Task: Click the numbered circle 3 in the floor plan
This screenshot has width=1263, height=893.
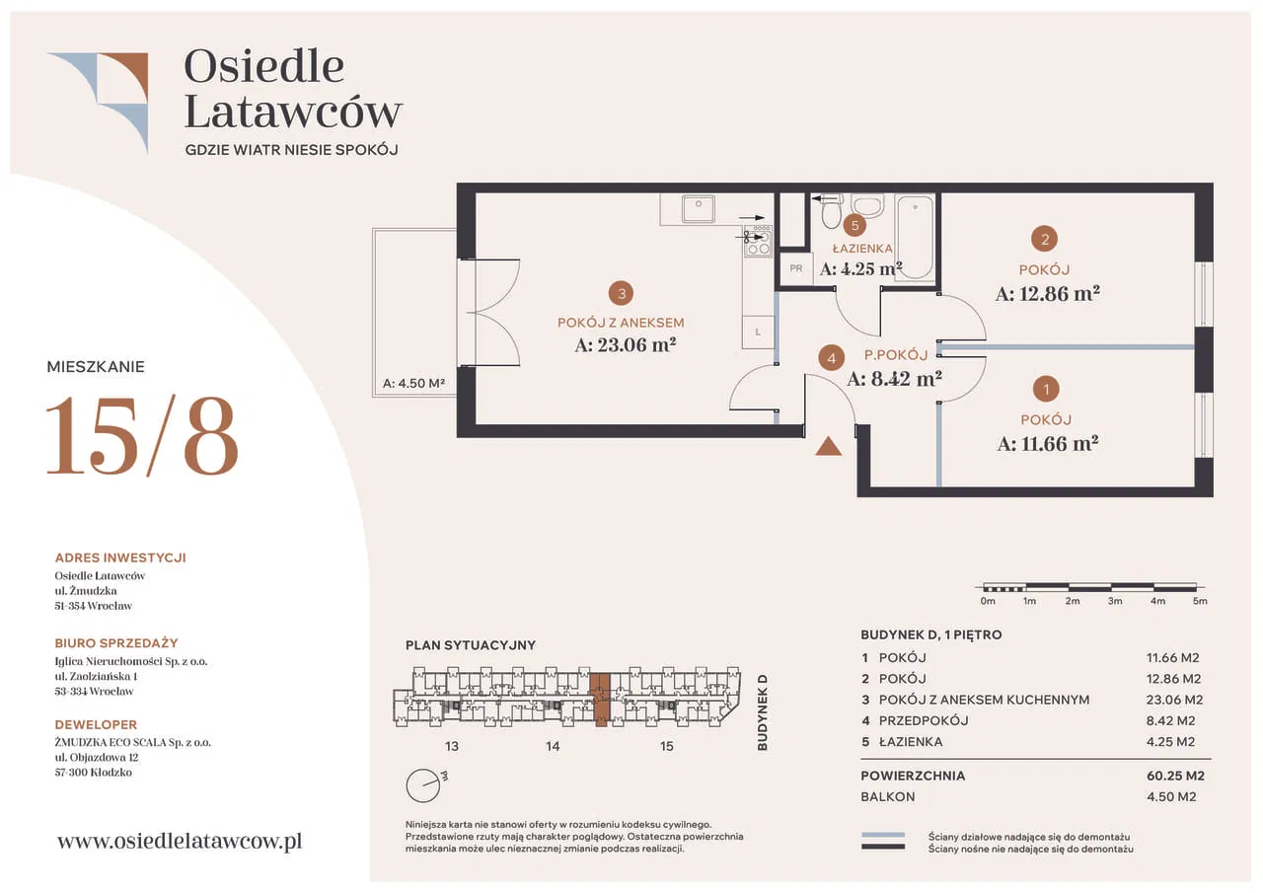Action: click(621, 293)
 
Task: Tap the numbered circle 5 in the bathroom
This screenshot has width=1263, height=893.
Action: click(854, 226)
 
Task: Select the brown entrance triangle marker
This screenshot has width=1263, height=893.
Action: click(828, 446)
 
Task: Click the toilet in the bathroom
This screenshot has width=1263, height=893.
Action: click(832, 211)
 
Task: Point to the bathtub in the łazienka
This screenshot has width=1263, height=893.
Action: click(915, 238)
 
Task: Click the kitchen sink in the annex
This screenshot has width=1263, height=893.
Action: click(698, 208)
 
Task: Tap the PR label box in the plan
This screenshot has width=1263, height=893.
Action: click(795, 269)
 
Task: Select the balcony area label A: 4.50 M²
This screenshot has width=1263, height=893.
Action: click(413, 384)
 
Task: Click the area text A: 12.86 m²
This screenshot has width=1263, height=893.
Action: click(1047, 294)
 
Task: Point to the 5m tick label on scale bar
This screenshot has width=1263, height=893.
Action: click(1200, 601)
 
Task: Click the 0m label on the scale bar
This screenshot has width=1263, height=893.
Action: click(988, 601)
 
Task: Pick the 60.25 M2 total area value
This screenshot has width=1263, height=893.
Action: click(1175, 776)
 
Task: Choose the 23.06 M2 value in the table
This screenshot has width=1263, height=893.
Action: click(1174, 700)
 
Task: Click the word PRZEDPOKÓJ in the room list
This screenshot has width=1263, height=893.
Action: click(924, 720)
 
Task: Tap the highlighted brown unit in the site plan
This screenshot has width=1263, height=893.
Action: click(600, 700)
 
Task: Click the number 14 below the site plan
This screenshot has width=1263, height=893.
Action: click(553, 746)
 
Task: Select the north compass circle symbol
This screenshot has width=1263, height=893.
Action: click(422, 785)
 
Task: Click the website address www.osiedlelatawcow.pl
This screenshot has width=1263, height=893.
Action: click(180, 841)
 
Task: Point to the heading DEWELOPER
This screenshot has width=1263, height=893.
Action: click(96, 724)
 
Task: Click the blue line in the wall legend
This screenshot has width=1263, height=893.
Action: click(883, 835)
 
